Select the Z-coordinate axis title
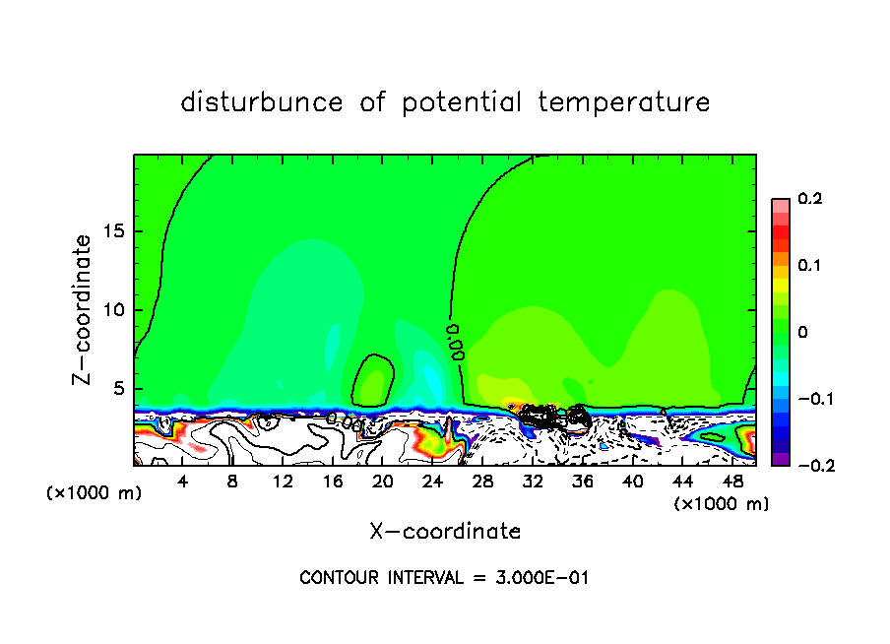tap(85, 309)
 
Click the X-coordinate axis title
tap(445, 532)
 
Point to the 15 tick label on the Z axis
tap(115, 231)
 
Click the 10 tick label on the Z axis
tap(115, 309)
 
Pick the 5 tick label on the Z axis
tap(120, 388)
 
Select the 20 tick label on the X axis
tap(383, 482)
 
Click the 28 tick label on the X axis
tap(482, 482)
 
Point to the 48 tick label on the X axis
tap(732, 482)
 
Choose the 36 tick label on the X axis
tap(583, 482)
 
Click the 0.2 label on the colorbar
tap(809, 199)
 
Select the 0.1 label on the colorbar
tap(809, 266)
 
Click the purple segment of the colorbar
tap(781, 458)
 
